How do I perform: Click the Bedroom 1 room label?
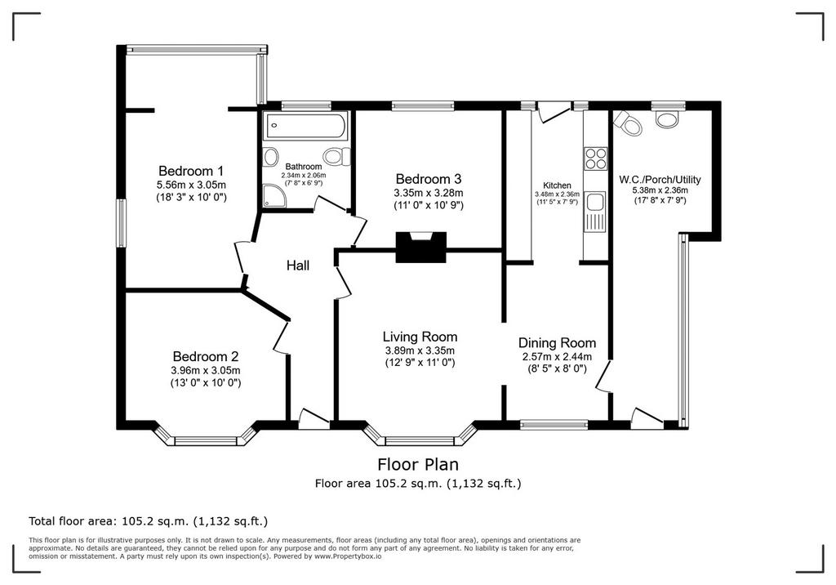(191, 172)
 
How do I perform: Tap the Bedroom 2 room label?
(205, 356)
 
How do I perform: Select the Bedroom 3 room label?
(428, 179)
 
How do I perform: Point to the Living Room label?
(420, 337)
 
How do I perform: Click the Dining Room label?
(557, 342)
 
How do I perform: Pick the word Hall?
(298, 266)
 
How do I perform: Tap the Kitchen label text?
(557, 185)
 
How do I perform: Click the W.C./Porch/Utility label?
(660, 180)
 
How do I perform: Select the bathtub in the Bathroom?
(305, 126)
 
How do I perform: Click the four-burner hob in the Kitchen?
(596, 158)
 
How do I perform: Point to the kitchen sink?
(595, 212)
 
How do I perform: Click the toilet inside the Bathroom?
(336, 156)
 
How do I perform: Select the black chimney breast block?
(420, 247)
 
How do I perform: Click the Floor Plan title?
(418, 464)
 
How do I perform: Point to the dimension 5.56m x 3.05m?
(191, 185)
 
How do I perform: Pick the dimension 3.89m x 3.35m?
(420, 351)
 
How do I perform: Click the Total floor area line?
(149, 521)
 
